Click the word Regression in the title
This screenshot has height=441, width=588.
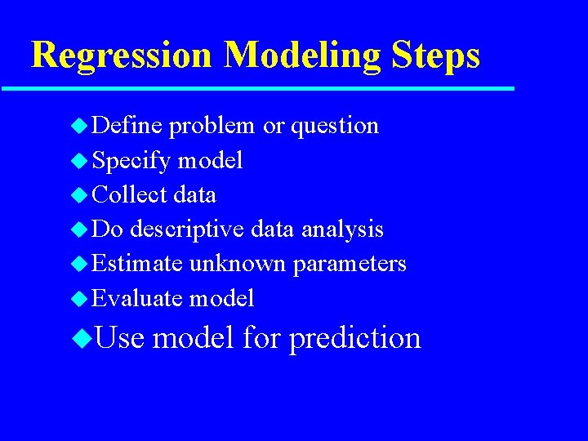[x=122, y=56]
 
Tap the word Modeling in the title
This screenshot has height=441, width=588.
[x=301, y=56]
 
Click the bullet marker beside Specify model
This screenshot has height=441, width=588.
[x=78, y=161]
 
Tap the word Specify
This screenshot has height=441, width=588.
[x=131, y=161]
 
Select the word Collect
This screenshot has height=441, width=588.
[x=131, y=195]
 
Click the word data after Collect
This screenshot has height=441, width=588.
[x=196, y=195]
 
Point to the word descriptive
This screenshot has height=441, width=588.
[x=185, y=230]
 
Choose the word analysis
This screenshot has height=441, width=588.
[x=342, y=230]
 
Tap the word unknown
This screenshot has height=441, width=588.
[x=238, y=265]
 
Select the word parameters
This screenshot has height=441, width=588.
[x=350, y=265]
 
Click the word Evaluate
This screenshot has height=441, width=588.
[x=137, y=299]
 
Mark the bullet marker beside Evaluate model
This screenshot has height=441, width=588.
[x=78, y=299]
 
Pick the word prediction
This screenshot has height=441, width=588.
[x=354, y=337]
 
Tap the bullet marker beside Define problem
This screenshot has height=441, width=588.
[x=78, y=126]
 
